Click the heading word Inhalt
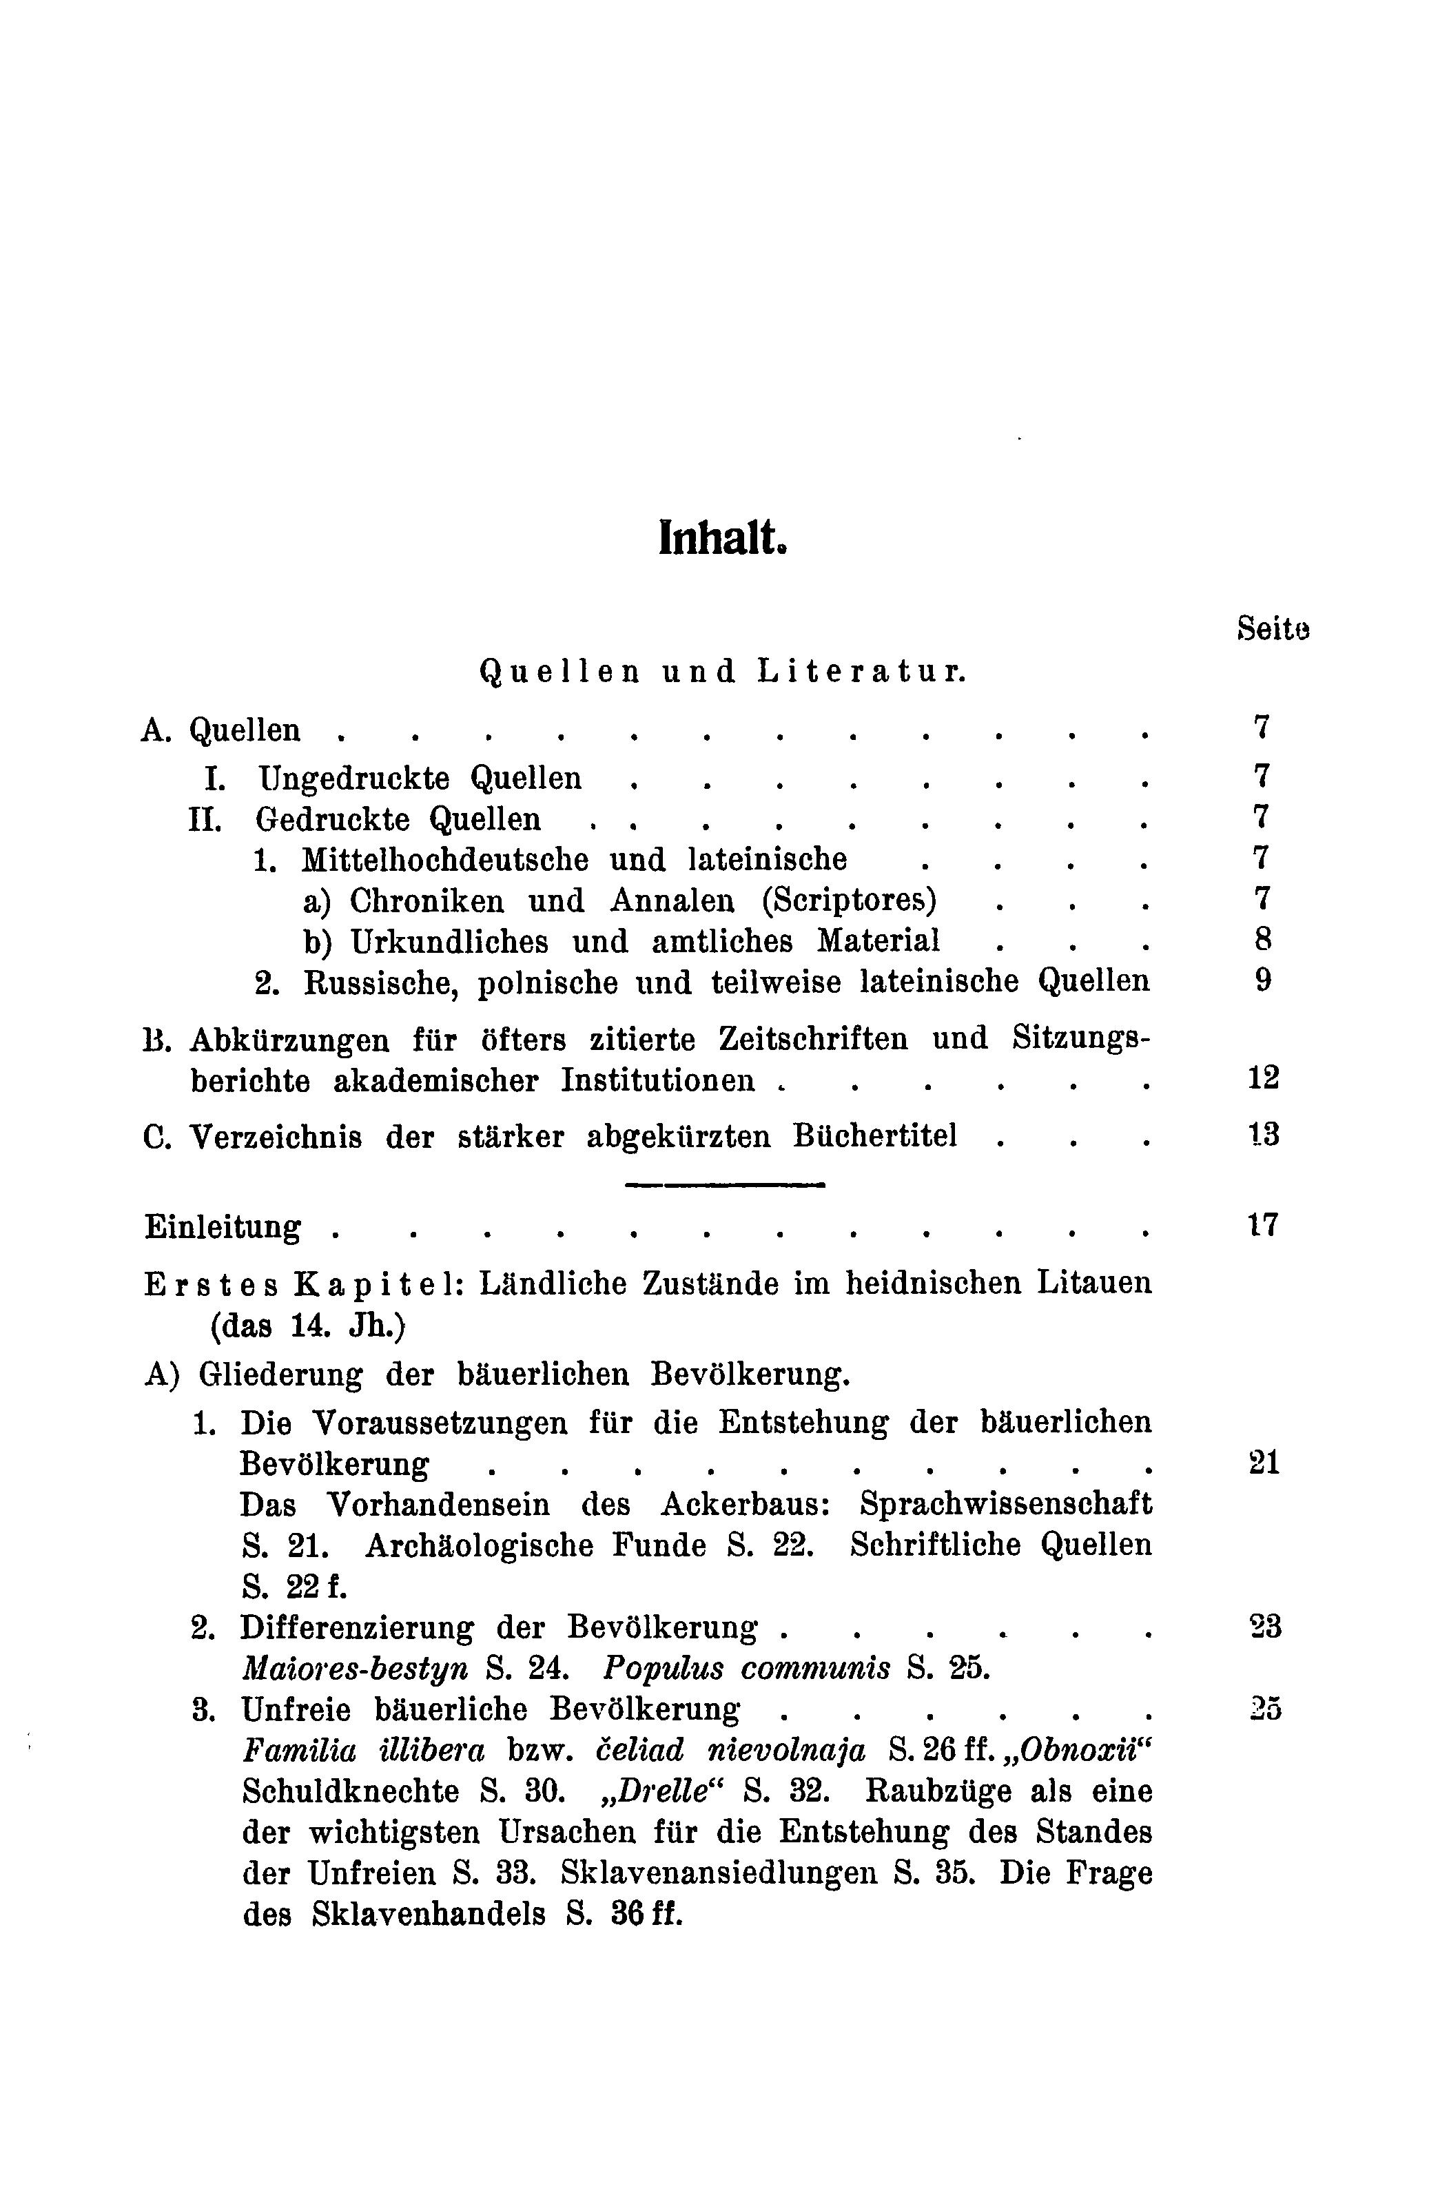coord(722,538)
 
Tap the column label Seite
coord(1273,629)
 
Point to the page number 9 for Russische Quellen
coord(1263,980)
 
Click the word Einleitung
coord(223,1228)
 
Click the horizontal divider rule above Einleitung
coord(725,1184)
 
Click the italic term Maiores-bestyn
coord(353,1668)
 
